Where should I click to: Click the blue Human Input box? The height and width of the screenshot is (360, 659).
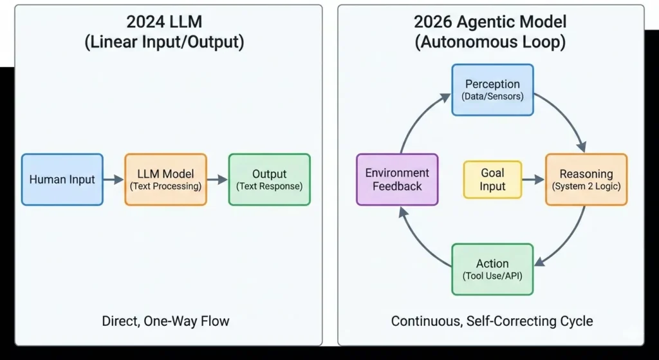(62, 180)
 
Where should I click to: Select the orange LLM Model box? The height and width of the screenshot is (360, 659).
(165, 180)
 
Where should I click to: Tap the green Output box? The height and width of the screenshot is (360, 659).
(269, 180)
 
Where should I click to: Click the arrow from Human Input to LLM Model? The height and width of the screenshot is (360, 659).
(113, 180)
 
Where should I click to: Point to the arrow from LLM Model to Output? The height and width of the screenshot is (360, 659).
(218, 180)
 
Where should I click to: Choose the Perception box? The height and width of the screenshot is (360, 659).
(492, 90)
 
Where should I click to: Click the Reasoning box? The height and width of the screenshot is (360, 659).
(586, 180)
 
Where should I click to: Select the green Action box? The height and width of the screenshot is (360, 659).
(492, 269)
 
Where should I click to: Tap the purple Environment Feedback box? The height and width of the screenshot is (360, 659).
(397, 180)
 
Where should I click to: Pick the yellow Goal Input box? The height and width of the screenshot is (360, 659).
(492, 180)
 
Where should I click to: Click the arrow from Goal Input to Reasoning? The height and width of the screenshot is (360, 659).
(533, 180)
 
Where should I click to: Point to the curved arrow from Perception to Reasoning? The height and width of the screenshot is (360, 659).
(566, 116)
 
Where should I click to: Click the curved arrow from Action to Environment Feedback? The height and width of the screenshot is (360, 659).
(418, 242)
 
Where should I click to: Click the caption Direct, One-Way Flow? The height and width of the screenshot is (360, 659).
(165, 321)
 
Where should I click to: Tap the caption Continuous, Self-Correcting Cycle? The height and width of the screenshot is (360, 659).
(492, 321)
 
